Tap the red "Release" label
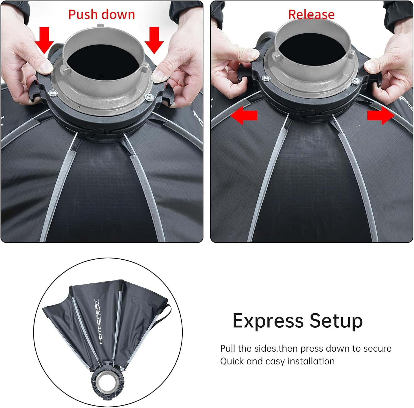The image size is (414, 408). pyautogui.click(x=311, y=15)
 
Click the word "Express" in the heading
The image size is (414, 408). pyautogui.click(x=268, y=321)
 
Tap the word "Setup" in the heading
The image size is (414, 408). pyautogui.click(x=336, y=321)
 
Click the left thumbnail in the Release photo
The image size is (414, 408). pyautogui.click(x=251, y=54)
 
